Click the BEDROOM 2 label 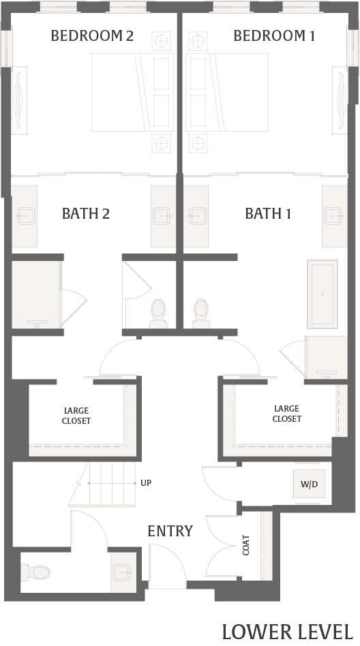point(92,36)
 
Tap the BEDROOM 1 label point(274,36)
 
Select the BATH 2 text point(86,214)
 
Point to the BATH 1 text point(268,214)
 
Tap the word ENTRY point(170,531)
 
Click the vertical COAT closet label point(246,544)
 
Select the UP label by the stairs point(146,483)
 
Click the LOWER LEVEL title point(287,630)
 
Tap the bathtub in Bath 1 point(322,294)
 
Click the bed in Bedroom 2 point(133,92)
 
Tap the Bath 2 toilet point(158,313)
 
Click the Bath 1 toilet point(200,313)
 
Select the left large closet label point(77,416)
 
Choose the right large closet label point(286,414)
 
